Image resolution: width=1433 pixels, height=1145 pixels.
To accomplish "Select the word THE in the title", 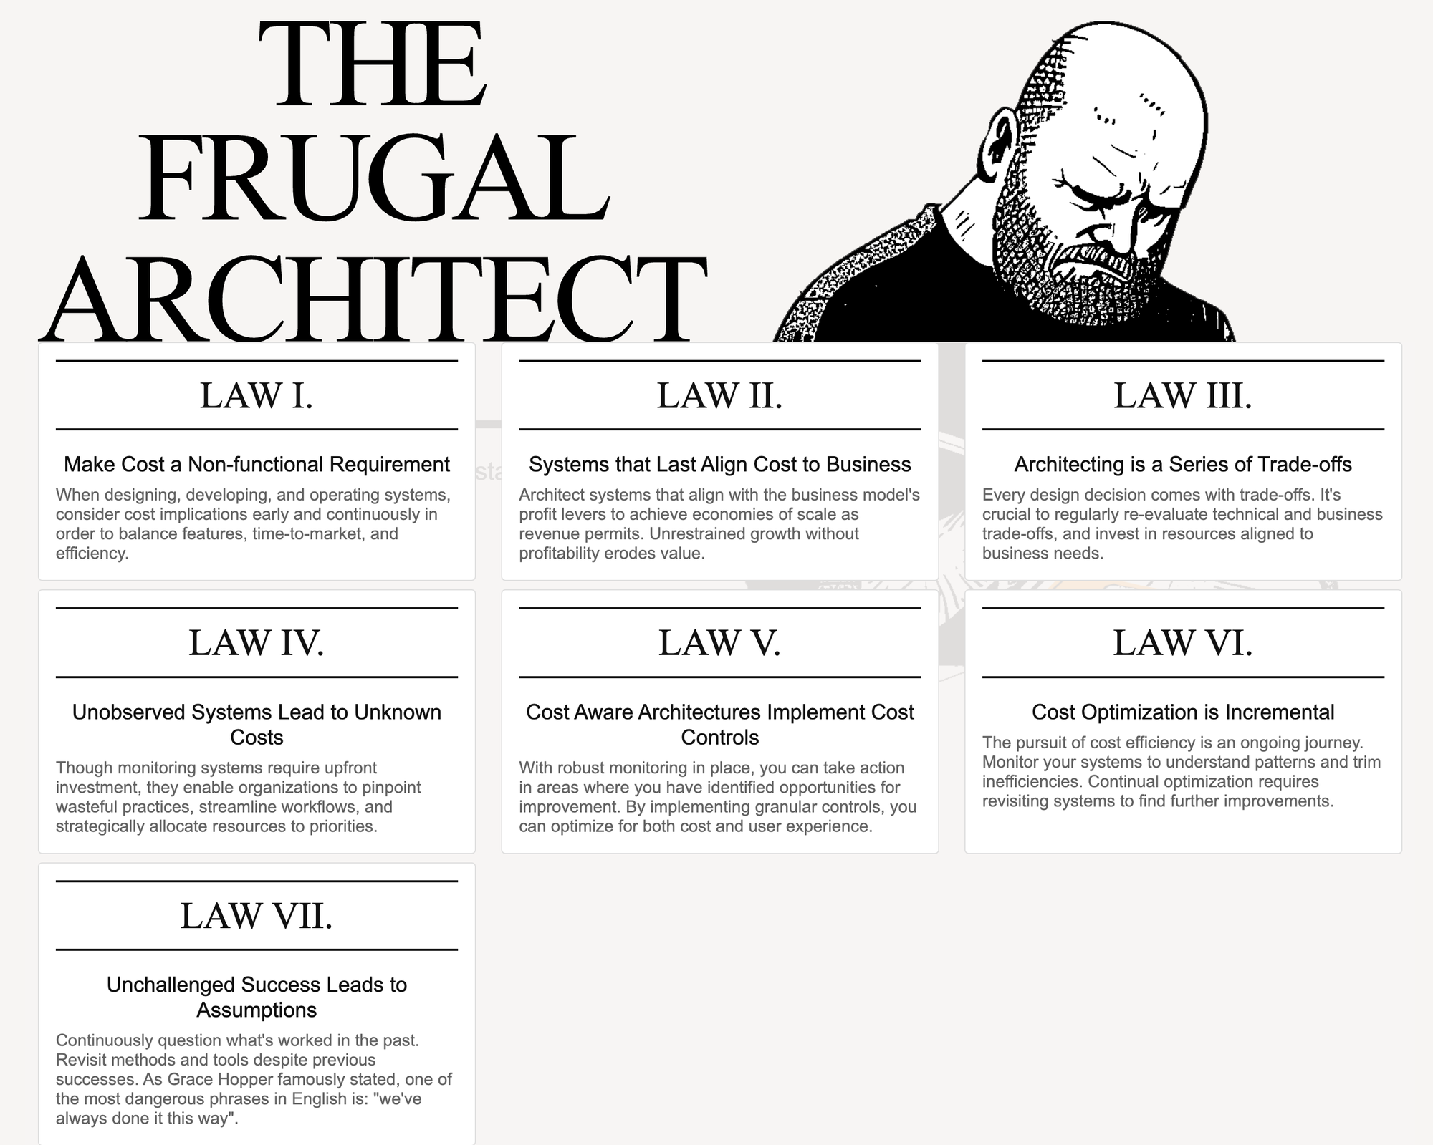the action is pos(373,64).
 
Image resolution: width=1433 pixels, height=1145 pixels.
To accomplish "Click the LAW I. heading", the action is pos(257,395).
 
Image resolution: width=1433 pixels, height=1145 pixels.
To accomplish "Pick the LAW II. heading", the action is pos(719,395).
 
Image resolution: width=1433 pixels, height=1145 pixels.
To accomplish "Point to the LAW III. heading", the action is pos(1183,395).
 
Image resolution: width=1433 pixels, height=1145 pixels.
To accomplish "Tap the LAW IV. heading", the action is pos(257,642).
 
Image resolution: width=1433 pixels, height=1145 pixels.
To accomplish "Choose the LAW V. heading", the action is pos(719,642).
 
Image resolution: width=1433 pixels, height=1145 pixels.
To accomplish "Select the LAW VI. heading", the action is pos(1183,642).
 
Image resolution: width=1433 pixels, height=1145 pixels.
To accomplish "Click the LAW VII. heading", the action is pos(257,915).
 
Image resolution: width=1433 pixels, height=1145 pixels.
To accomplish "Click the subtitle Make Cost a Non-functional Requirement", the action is pos(257,465).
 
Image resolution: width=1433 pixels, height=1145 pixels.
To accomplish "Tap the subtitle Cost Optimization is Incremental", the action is pos(1183,712).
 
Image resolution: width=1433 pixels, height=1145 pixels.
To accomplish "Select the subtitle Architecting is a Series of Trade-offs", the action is pos(1183,465).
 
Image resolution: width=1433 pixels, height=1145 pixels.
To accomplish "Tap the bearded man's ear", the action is pos(1001,147).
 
